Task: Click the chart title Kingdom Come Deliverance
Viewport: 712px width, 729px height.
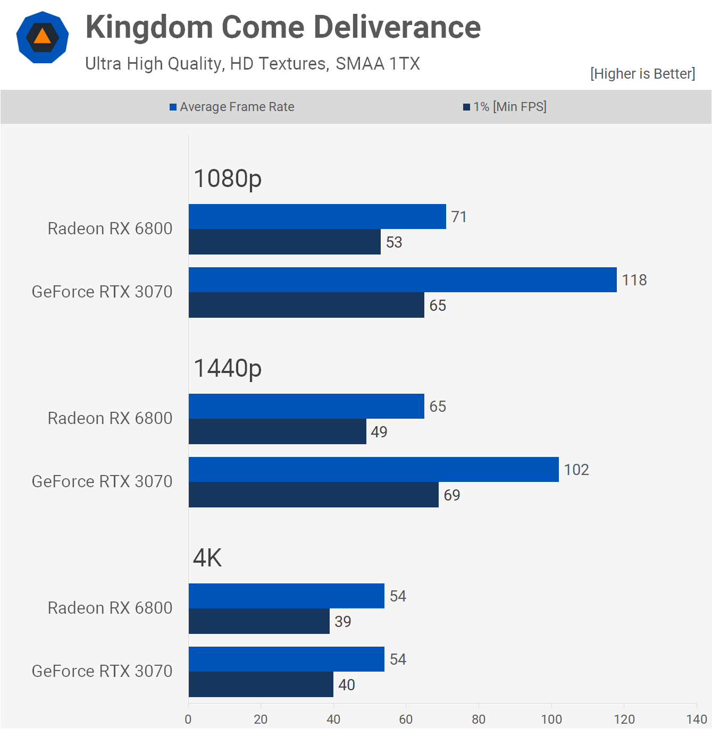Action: pyautogui.click(x=283, y=27)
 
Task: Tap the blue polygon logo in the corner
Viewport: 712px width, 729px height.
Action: pyautogui.click(x=43, y=37)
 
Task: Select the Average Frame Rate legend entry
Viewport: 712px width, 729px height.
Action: pyautogui.click(x=232, y=107)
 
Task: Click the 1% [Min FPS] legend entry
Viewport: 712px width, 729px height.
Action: pyautogui.click(x=505, y=107)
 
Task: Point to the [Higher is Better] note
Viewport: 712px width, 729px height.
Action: pyautogui.click(x=642, y=74)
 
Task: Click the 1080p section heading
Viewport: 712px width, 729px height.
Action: pyautogui.click(x=228, y=179)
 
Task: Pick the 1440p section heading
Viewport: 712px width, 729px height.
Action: pyautogui.click(x=228, y=368)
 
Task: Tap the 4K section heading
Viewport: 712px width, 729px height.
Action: pyautogui.click(x=207, y=558)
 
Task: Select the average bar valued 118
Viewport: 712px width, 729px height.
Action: pyautogui.click(x=403, y=280)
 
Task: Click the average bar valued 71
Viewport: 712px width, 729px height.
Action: pyautogui.click(x=317, y=217)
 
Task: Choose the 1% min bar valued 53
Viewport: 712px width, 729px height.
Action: pyautogui.click(x=284, y=242)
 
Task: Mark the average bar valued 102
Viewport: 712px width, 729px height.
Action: pyautogui.click(x=373, y=470)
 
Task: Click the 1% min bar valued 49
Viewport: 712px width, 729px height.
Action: pyautogui.click(x=277, y=432)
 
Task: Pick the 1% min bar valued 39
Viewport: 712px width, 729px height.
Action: pyautogui.click(x=259, y=622)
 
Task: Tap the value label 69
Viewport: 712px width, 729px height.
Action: pyautogui.click(x=452, y=495)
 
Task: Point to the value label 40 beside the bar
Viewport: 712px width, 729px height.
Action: pyautogui.click(x=347, y=685)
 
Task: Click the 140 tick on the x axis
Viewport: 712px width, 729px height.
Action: pyautogui.click(x=697, y=719)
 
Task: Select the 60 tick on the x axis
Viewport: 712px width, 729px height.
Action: pyautogui.click(x=406, y=719)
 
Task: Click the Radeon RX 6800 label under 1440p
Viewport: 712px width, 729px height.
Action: pyautogui.click(x=110, y=418)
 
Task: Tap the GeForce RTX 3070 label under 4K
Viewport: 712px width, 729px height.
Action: pyautogui.click(x=102, y=671)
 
